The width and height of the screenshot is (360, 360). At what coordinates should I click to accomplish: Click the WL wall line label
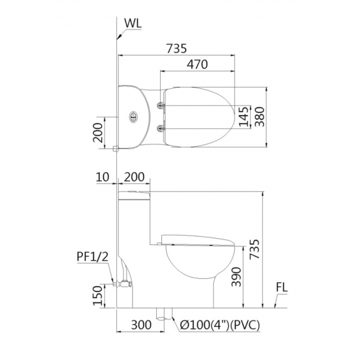(x=133, y=23)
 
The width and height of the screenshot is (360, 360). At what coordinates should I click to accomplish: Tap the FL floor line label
(x=282, y=287)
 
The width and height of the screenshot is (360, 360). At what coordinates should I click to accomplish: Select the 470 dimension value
(x=197, y=64)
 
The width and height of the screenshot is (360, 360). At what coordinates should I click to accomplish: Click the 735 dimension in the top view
(x=177, y=48)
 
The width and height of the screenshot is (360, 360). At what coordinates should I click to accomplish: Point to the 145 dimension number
(x=244, y=116)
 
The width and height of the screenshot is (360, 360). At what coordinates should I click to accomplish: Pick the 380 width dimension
(x=260, y=117)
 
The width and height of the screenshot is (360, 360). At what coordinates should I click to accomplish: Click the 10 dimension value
(x=102, y=177)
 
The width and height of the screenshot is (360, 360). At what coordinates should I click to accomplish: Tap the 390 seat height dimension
(x=236, y=277)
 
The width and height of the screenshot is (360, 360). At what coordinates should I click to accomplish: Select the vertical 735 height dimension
(x=255, y=249)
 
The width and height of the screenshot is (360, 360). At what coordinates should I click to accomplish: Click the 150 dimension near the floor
(x=98, y=296)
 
